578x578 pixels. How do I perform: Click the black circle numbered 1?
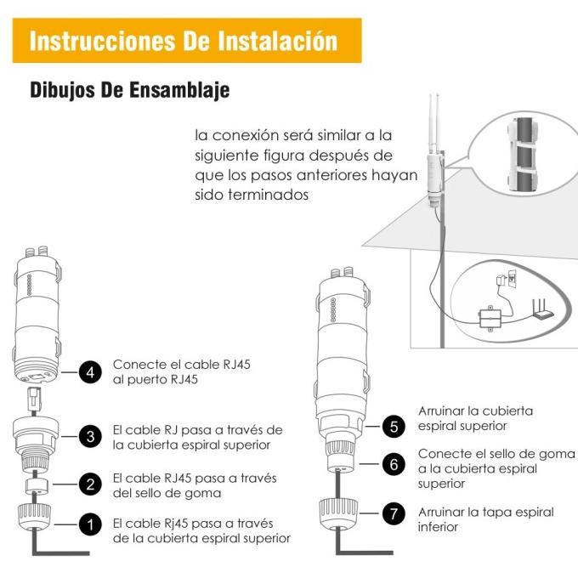[x=90, y=524]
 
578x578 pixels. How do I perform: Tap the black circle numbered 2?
[x=90, y=484]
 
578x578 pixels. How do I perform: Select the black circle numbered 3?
[x=90, y=436]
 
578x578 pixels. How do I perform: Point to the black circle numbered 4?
[x=90, y=372]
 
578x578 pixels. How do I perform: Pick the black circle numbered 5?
[x=394, y=426]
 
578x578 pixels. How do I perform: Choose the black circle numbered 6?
[x=394, y=464]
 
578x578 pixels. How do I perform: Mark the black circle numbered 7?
[x=394, y=513]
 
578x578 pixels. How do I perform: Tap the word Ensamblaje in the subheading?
[x=180, y=90]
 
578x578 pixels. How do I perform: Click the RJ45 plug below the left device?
[x=34, y=399]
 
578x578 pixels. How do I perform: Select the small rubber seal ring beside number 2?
[x=37, y=486]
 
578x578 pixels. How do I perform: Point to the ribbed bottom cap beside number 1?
[x=34, y=517]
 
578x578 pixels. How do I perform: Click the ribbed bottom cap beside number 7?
[x=339, y=513]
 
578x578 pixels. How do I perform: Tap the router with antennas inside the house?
[x=541, y=309]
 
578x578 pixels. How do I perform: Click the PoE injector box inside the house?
[x=490, y=319]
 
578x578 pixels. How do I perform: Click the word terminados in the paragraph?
[x=269, y=195]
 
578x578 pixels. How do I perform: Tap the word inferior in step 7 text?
[x=438, y=527]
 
